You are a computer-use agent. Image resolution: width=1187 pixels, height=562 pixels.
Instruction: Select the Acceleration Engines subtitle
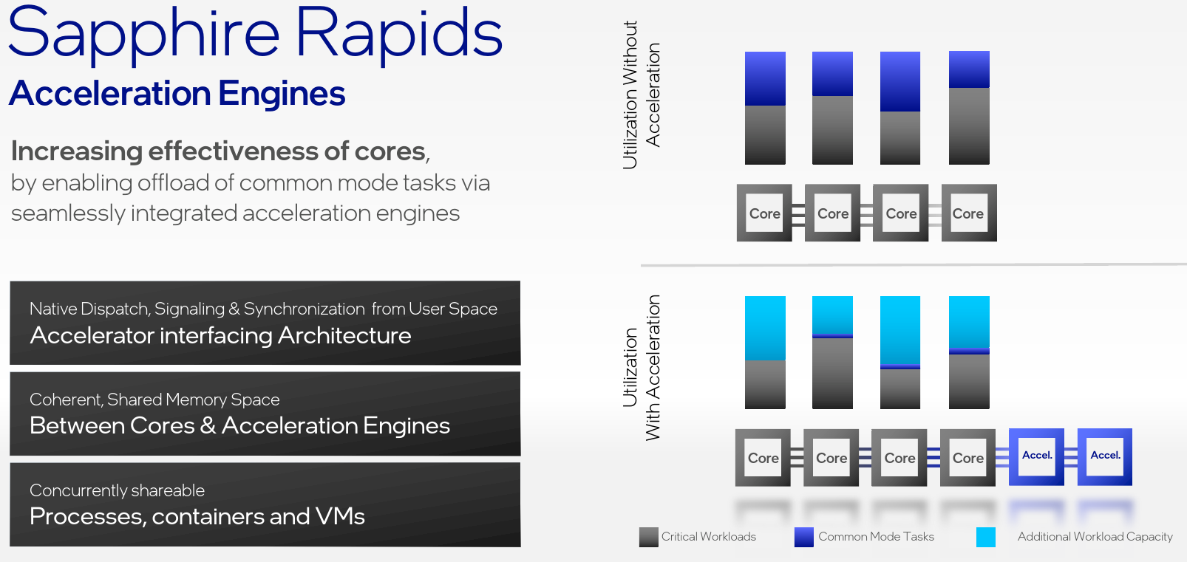(x=177, y=93)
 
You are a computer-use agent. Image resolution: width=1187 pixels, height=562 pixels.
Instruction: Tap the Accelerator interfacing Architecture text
(x=220, y=335)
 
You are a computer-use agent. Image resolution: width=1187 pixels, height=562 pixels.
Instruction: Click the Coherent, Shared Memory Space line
(x=154, y=400)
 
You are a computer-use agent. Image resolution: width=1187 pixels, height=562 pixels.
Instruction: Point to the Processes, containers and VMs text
(x=197, y=516)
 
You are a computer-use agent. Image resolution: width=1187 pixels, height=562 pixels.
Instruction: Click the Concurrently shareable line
(x=117, y=490)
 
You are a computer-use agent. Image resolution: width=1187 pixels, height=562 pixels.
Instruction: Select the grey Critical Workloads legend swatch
(x=649, y=537)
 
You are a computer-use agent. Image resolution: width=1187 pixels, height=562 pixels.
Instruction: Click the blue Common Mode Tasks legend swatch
(x=804, y=537)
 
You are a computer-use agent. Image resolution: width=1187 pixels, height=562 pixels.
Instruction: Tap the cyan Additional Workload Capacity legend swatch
(x=986, y=537)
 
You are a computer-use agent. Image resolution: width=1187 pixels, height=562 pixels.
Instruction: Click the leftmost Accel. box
(x=1036, y=456)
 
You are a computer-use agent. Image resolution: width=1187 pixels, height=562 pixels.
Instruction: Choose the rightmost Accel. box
(x=1105, y=456)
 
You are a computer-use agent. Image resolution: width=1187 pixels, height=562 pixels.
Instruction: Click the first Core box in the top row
(x=764, y=213)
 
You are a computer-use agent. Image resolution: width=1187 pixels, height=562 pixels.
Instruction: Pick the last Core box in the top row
(x=969, y=213)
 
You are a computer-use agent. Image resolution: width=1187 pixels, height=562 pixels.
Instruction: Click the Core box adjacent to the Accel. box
(x=967, y=458)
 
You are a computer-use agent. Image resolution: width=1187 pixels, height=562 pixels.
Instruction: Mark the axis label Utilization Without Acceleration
(x=642, y=95)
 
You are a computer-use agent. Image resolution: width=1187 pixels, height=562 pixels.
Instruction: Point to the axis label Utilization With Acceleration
(x=642, y=368)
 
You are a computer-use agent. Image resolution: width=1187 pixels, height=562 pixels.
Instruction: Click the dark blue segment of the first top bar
(x=765, y=78)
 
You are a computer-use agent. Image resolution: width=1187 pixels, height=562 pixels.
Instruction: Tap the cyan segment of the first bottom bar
(x=765, y=329)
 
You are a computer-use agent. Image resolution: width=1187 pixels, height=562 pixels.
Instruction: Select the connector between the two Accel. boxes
(x=1071, y=457)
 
